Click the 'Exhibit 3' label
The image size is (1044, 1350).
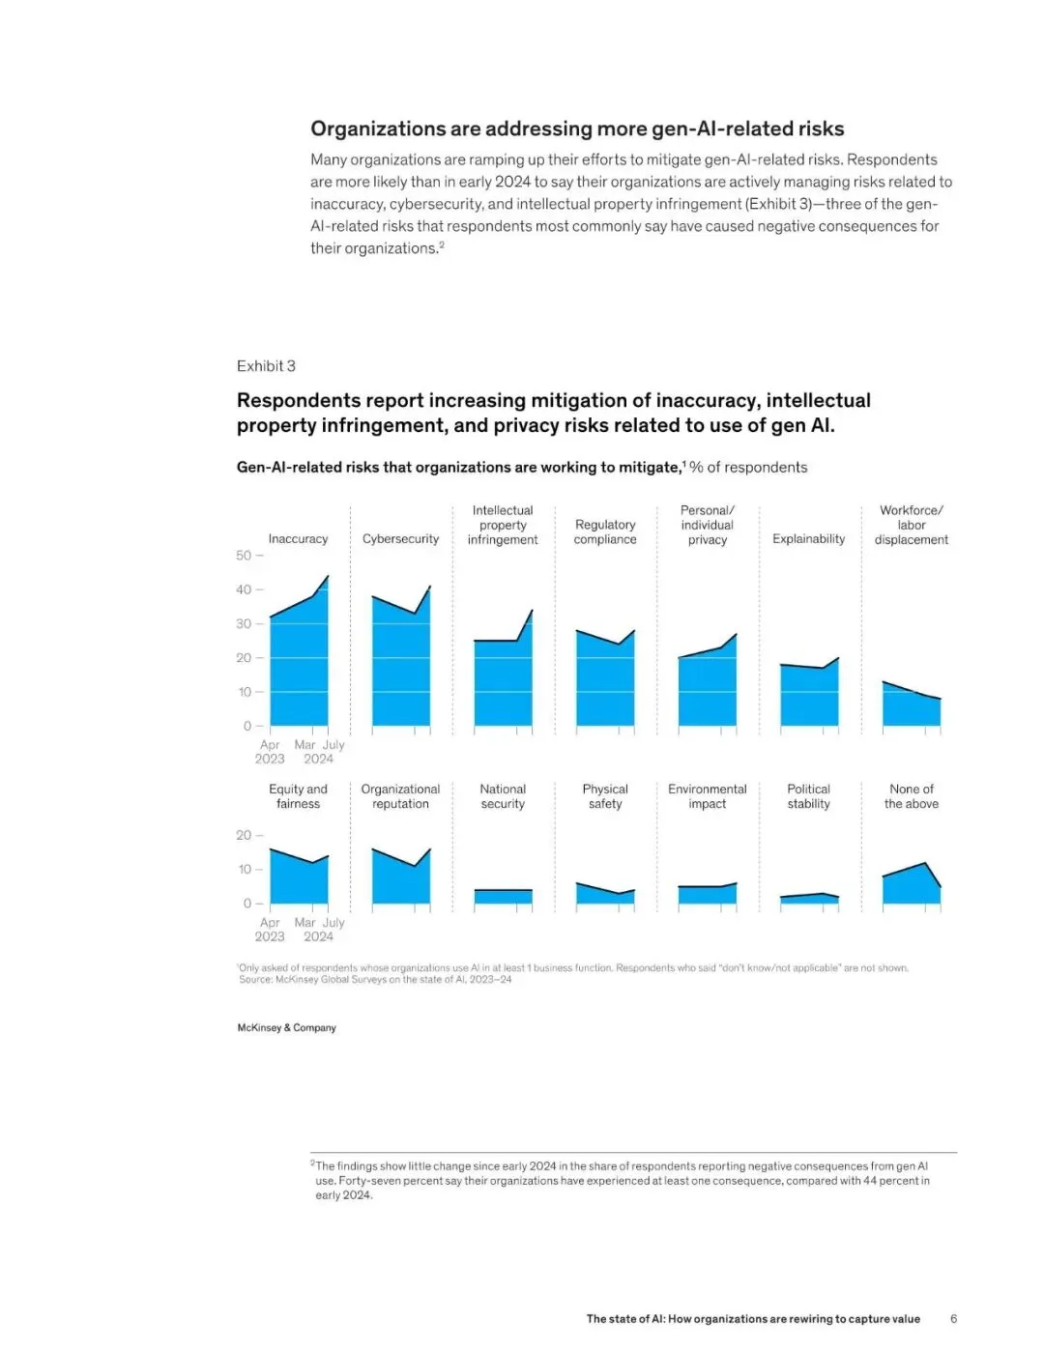click(x=266, y=366)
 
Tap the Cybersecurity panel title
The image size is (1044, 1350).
click(x=400, y=539)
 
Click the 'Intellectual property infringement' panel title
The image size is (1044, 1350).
click(x=503, y=525)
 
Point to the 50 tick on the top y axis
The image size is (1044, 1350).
click(x=244, y=556)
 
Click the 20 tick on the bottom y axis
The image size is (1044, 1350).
click(x=244, y=835)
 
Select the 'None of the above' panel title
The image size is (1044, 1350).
click(x=912, y=796)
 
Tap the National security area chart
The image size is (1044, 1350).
click(x=503, y=897)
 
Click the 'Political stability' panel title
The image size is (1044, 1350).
click(x=809, y=796)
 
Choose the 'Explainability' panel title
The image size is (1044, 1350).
click(x=809, y=539)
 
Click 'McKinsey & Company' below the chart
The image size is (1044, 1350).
click(x=287, y=1028)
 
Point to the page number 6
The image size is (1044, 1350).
click(x=954, y=1319)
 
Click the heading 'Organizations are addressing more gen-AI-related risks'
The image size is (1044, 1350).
click(x=577, y=129)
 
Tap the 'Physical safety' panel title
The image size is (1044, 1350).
click(x=605, y=796)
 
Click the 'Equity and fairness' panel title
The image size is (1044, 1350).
click(x=298, y=796)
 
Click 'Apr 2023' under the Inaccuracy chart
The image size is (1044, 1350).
click(x=270, y=752)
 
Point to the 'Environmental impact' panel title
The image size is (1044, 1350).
click(x=708, y=796)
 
